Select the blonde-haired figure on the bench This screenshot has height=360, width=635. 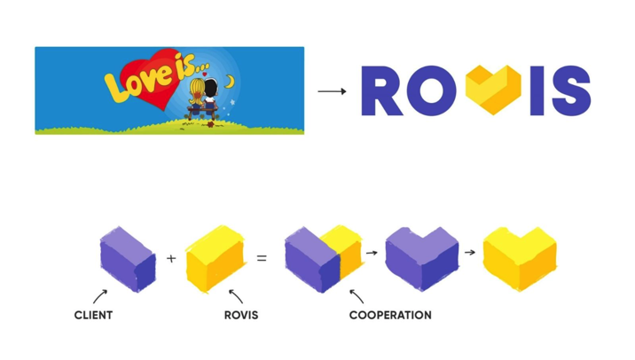point(197,97)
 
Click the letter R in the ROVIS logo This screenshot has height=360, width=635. point(383,91)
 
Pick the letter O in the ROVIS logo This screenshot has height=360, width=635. point(435,91)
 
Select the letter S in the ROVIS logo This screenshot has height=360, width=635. point(569,91)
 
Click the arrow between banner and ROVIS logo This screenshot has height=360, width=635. point(332,91)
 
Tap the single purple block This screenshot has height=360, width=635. point(128,258)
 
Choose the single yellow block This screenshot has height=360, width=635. point(215,258)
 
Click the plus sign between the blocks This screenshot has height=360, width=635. point(171,259)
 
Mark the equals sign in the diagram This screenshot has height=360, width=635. point(261,259)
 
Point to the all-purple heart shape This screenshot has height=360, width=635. point(421,258)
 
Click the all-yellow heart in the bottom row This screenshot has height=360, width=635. point(519,258)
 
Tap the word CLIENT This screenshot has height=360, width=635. point(93,315)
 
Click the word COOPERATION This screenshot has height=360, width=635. point(390,315)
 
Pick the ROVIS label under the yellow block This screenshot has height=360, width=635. point(240,315)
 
